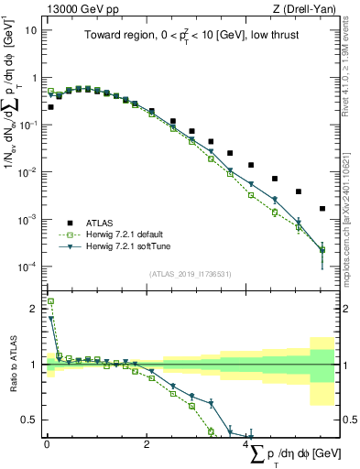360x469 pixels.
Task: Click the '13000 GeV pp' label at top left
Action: [x=81, y=10]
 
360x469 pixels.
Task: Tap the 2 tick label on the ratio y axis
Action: [x=32, y=309]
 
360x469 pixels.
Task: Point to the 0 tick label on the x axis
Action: [x=46, y=444]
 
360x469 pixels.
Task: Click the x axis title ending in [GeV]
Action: [x=290, y=455]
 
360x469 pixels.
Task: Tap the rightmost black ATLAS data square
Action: [x=322, y=209]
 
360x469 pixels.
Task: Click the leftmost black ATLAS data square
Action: [x=50, y=107]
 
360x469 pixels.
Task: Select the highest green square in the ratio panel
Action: [x=50, y=301]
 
